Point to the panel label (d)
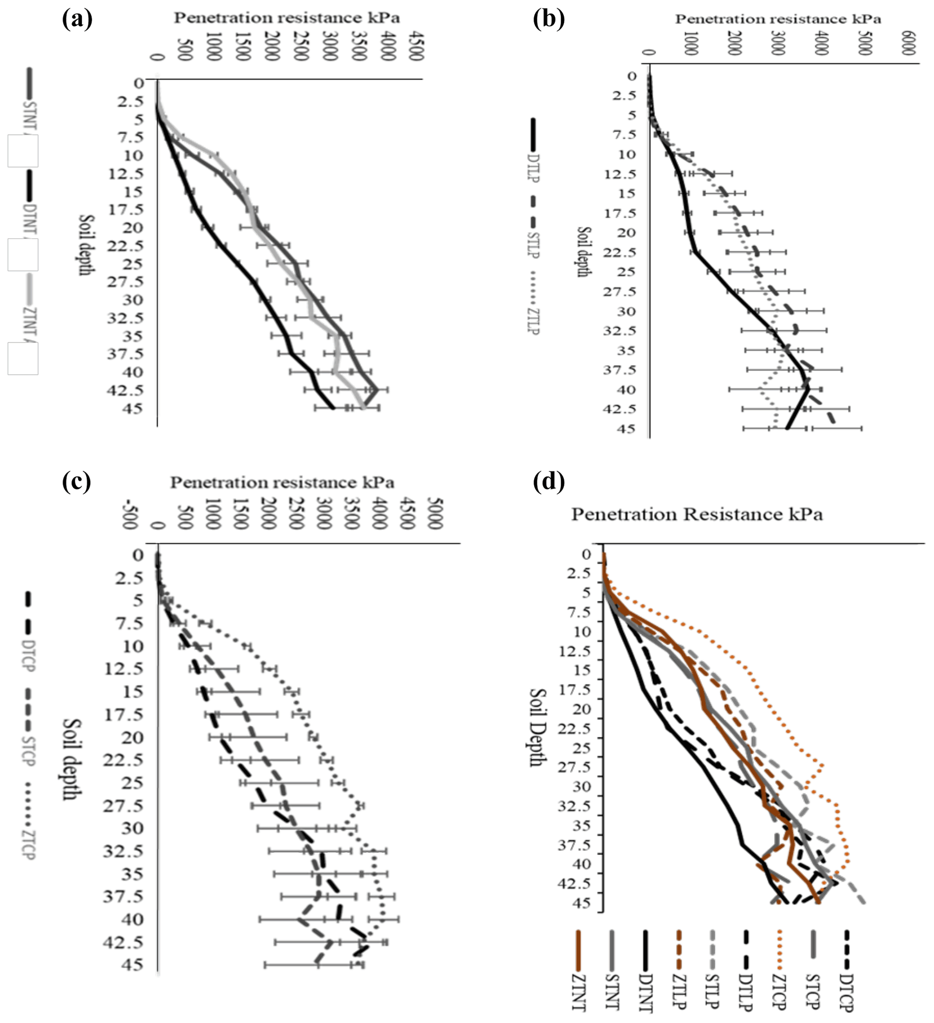pyautogui.click(x=549, y=482)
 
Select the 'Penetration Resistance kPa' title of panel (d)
pyautogui.click(x=697, y=514)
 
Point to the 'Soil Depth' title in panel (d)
pyautogui.click(x=538, y=727)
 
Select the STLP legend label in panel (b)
pyautogui.click(x=534, y=245)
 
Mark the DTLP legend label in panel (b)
pyautogui.click(x=534, y=168)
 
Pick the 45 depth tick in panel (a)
pyautogui.click(x=133, y=408)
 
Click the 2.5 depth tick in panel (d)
pyautogui.click(x=578, y=573)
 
